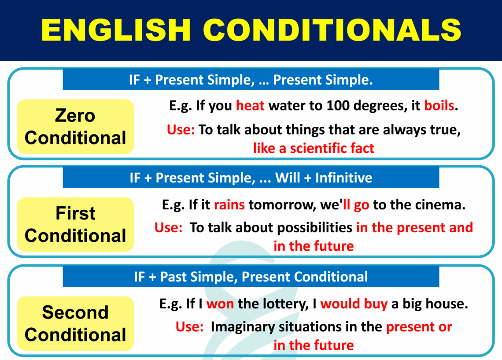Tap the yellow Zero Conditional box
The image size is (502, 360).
(75, 127)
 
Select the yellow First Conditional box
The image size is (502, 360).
(75, 225)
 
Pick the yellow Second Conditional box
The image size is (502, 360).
(75, 323)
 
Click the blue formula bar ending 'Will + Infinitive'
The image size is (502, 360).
(251, 178)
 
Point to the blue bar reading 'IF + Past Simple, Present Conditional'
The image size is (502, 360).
(251, 277)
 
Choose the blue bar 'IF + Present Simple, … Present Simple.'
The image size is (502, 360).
(251, 80)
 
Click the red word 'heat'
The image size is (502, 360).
(250, 106)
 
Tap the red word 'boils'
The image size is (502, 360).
(439, 106)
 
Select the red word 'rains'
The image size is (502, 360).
(229, 205)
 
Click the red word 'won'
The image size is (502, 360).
(220, 304)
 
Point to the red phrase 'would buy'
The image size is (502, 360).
(354, 304)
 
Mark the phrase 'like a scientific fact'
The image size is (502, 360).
(314, 148)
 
